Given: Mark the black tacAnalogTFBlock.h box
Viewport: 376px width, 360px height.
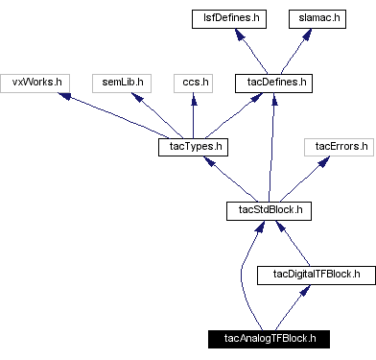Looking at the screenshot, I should [269, 339].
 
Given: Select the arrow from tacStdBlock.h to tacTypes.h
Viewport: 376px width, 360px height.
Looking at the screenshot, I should [229, 179].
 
